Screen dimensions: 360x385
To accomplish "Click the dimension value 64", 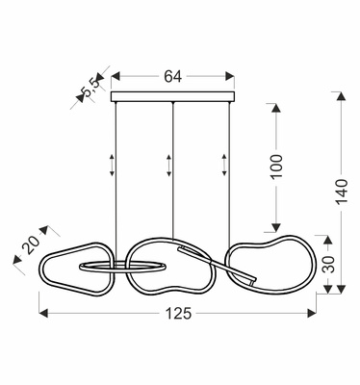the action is tap(172, 77).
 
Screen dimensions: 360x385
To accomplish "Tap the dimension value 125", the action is tap(178, 314).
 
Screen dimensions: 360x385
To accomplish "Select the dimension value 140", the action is tap(342, 192).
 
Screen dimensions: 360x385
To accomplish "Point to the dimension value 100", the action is tap(275, 167).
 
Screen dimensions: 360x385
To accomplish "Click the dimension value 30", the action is tap(327, 264).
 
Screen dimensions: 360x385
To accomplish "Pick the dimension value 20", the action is tap(32, 245).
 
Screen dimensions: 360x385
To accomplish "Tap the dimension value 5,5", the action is tap(90, 88).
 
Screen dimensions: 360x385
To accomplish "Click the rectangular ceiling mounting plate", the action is tap(172, 97).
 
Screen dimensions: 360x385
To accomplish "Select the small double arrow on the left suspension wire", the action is tap(112, 166).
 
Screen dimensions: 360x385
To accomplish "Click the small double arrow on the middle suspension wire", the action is tap(168, 166).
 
